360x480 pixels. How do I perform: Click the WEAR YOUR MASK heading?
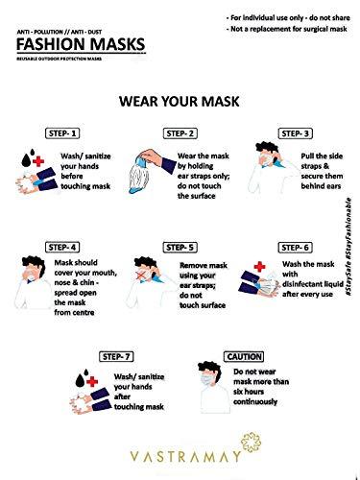180,100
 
